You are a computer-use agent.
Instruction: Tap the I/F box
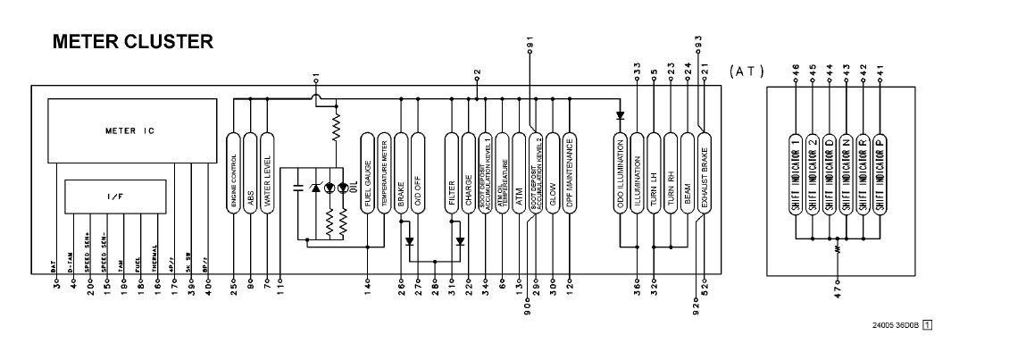[x=115, y=192]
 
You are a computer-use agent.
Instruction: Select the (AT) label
[x=746, y=70]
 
